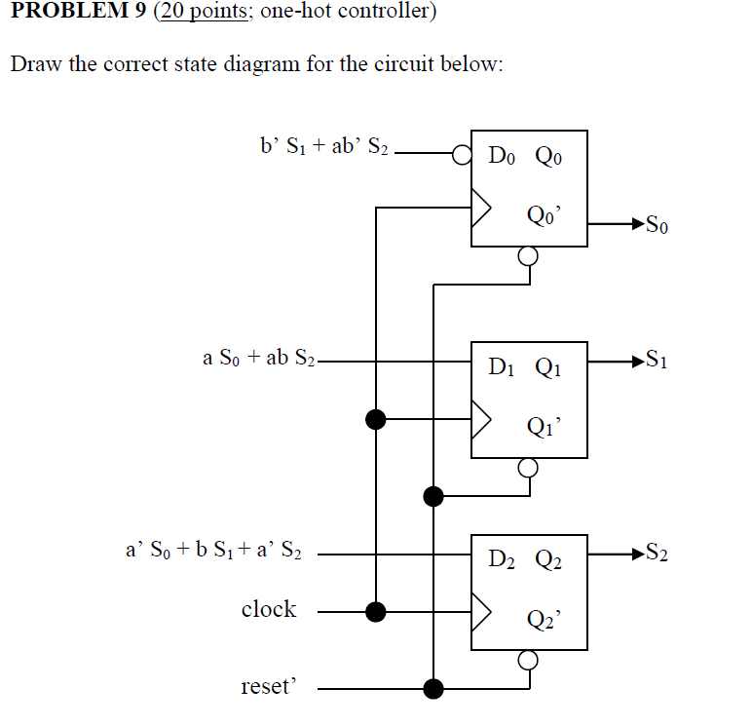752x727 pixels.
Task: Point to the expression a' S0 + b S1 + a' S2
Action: coord(213,551)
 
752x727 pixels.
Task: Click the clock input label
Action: coord(268,609)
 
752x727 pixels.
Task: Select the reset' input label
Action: coord(266,687)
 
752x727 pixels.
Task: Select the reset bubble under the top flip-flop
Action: coord(528,256)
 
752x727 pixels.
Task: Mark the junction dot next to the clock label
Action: coord(376,611)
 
